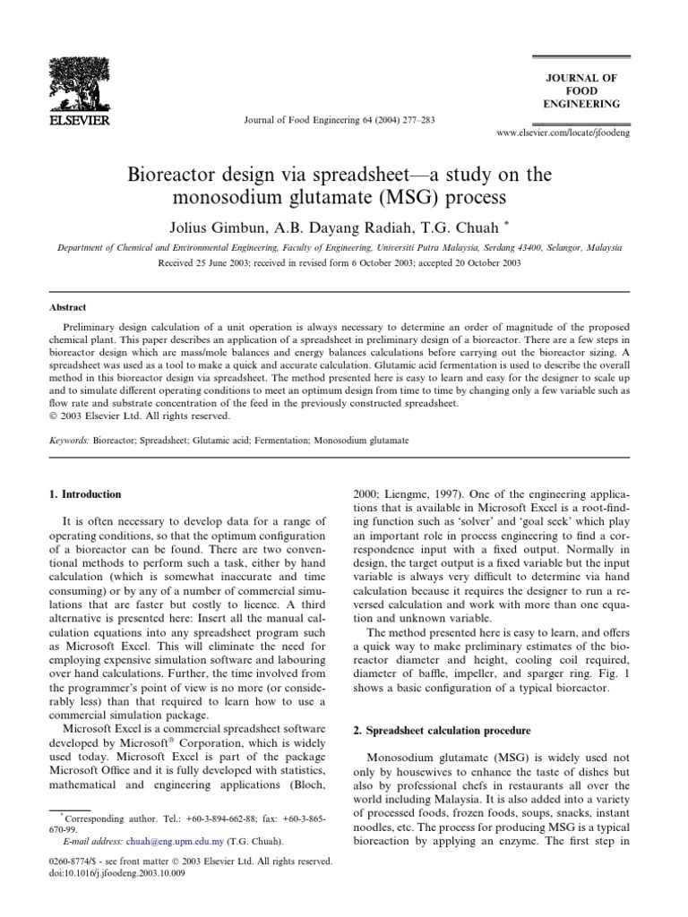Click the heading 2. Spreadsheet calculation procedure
coord(442,731)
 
